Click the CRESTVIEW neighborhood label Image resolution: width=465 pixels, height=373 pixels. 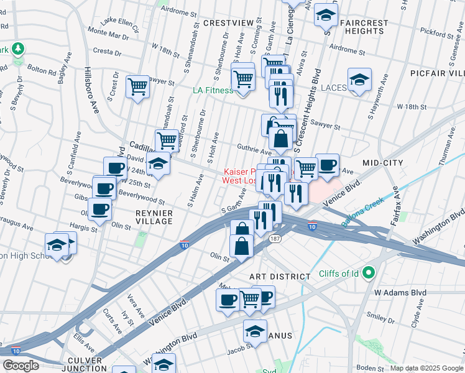coord(229,23)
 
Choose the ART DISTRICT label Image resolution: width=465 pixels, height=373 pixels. coord(280,276)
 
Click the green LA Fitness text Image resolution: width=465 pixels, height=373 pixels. coord(213,90)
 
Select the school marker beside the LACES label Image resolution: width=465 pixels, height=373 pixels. coord(359,80)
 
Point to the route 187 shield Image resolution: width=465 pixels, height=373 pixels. coord(274,239)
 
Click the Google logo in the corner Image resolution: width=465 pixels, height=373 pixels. coord(21,366)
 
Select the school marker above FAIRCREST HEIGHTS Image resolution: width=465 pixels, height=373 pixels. coord(326,15)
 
